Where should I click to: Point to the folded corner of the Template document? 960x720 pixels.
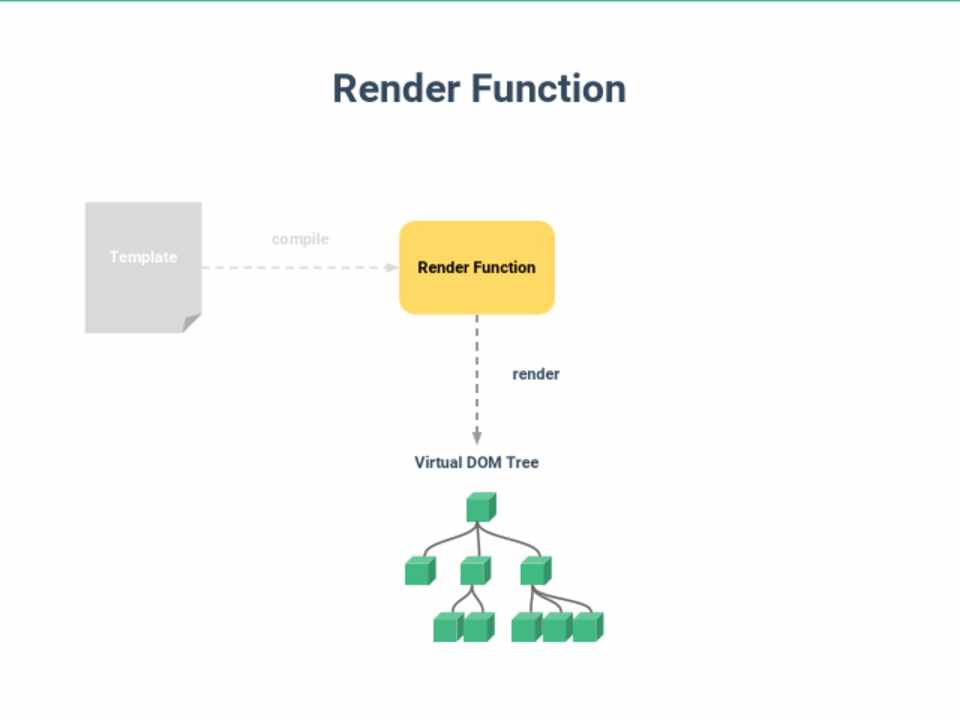tap(191, 323)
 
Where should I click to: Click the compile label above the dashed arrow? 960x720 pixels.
tap(300, 239)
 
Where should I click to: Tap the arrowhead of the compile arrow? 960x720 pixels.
tap(392, 267)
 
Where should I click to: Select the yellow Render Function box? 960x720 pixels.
tap(477, 267)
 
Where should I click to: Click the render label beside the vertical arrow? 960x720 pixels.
tap(536, 374)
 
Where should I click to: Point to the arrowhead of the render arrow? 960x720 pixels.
tap(477, 437)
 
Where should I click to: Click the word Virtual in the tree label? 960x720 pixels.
tap(438, 463)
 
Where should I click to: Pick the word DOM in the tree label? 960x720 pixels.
tap(485, 463)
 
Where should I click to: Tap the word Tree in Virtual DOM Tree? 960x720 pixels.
tap(523, 463)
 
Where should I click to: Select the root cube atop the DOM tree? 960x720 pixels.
tap(480, 508)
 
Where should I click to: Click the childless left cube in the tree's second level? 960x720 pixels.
tap(419, 571)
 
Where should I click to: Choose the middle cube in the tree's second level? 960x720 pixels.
tap(475, 571)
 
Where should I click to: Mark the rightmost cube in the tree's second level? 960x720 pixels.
tap(534, 571)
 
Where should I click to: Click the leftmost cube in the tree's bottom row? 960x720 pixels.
tap(447, 628)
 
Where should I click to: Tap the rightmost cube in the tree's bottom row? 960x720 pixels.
tap(587, 628)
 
